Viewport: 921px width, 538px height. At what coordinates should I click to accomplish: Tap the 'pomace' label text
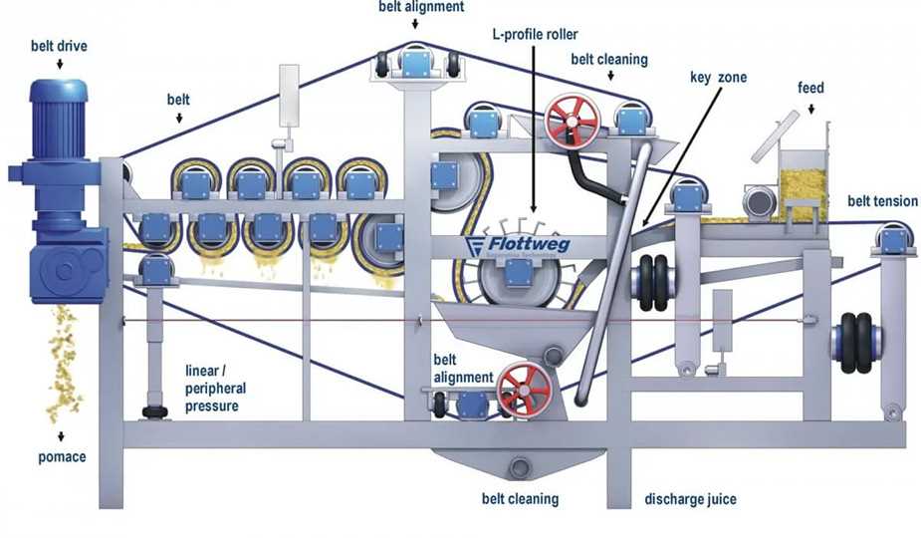click(x=62, y=456)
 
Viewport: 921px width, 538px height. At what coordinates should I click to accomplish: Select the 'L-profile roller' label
click(x=535, y=34)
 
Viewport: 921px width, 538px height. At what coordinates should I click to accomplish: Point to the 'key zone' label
click(x=718, y=77)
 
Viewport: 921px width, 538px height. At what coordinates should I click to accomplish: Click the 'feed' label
click(x=810, y=88)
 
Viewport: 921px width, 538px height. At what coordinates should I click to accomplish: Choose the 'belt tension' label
click(x=882, y=201)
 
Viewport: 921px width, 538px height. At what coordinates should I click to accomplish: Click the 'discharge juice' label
click(x=690, y=498)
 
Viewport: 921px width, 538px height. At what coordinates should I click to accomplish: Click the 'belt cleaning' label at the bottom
click(x=520, y=498)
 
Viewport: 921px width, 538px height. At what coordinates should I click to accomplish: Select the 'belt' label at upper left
click(x=179, y=100)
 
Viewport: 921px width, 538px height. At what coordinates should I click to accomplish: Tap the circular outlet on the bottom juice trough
click(x=518, y=467)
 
